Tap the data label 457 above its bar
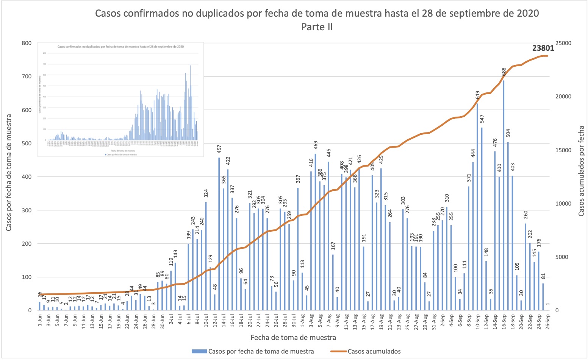pyautogui.click(x=219, y=149)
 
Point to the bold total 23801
pyautogui.click(x=543, y=48)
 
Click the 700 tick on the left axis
pyautogui.click(x=27, y=76)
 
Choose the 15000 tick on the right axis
pyautogui.click(x=563, y=150)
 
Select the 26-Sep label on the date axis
pyautogui.click(x=547, y=323)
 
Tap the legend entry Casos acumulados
pyautogui.click(x=374, y=351)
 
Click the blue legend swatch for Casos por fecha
pyautogui.click(x=199, y=351)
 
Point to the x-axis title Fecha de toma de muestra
pyautogui.click(x=293, y=337)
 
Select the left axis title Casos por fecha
pyautogui.click(x=9, y=172)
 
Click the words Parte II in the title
pyautogui.click(x=317, y=27)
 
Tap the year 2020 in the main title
pyautogui.click(x=527, y=14)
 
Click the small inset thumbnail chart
pyautogui.click(x=120, y=99)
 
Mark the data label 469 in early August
pyautogui.click(x=316, y=145)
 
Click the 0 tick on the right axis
pyautogui.click(x=557, y=310)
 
